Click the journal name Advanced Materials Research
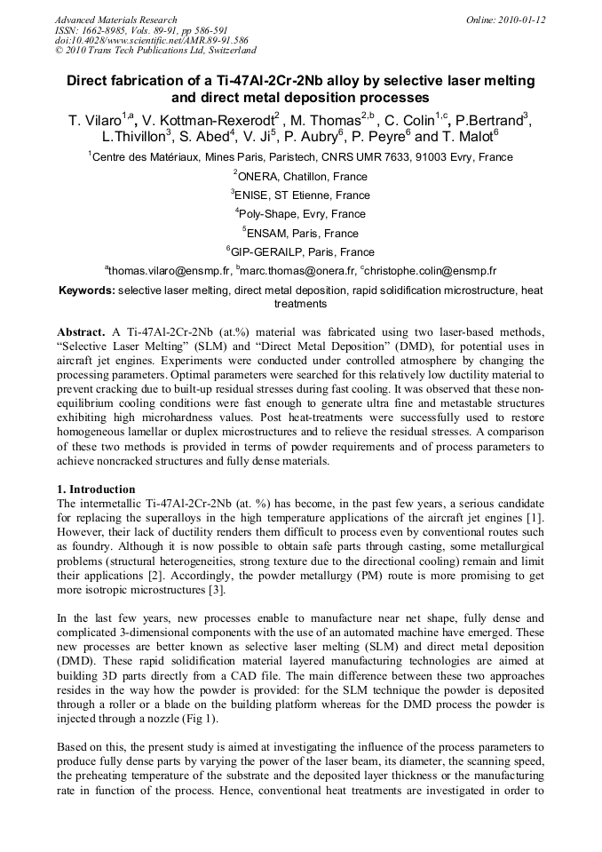116,20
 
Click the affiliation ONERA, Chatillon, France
302,177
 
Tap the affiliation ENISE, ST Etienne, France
302,195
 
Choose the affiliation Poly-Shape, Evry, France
302,214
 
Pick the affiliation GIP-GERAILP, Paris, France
302,251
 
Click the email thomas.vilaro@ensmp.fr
170,271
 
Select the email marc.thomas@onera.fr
297,271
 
